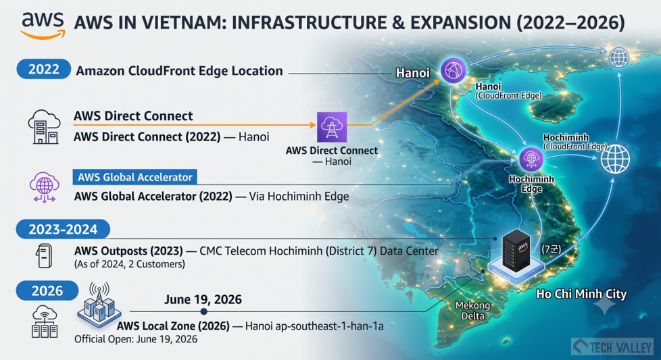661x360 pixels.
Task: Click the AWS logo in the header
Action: tap(43, 25)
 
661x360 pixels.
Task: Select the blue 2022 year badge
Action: tap(43, 69)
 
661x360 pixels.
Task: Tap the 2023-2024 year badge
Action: tap(63, 230)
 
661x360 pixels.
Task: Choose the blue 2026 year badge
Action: tap(47, 290)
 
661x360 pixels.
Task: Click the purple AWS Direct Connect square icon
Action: tap(332, 127)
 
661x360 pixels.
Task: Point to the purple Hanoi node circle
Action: tap(454, 70)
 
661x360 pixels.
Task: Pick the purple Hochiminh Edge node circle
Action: tap(531, 159)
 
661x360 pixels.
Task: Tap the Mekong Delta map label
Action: tap(472, 310)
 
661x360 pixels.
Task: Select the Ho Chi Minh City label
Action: tap(581, 294)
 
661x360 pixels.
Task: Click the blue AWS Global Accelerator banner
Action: tap(135, 177)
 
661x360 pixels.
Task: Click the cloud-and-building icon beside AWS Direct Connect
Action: tap(44, 127)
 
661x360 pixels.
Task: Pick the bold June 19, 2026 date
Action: tap(203, 299)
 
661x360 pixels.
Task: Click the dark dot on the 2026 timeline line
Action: tap(203, 311)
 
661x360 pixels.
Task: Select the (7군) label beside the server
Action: tap(551, 249)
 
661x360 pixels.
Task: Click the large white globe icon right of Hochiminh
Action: tap(615, 159)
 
